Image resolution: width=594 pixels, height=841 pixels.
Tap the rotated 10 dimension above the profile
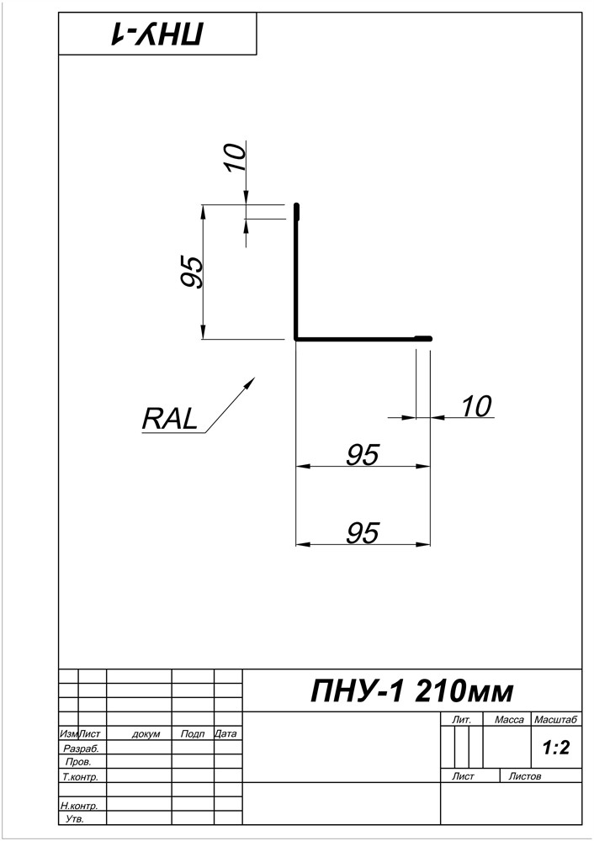tap(236, 156)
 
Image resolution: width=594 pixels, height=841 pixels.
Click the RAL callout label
tap(170, 418)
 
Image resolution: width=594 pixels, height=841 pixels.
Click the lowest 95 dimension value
tap(363, 532)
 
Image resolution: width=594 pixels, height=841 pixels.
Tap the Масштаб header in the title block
tap(555, 720)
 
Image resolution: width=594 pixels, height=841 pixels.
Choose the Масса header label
tap(509, 720)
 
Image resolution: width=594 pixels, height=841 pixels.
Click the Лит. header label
tap(461, 720)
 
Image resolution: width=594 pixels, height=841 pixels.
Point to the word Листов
tap(526, 776)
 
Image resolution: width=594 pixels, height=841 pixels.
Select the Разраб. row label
tap(81, 748)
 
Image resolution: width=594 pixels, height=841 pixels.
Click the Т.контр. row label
tap(81, 777)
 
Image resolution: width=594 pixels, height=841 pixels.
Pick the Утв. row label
tap(74, 819)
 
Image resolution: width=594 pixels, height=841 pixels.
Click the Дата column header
tap(226, 734)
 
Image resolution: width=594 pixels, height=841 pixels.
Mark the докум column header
tap(146, 734)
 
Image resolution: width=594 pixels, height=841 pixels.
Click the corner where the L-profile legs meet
tap(297, 338)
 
